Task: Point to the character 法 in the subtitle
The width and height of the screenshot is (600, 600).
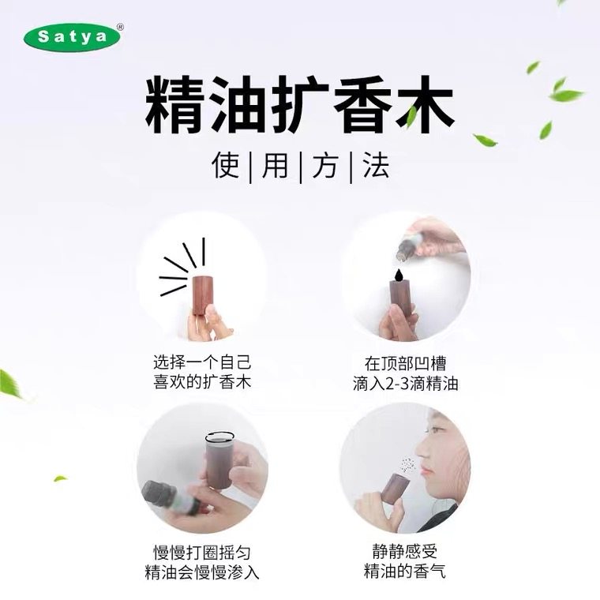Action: click(375, 165)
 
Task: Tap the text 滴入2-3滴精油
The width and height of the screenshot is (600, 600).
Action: click(405, 384)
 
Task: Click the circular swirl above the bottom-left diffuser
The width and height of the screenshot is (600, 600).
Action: click(220, 437)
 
